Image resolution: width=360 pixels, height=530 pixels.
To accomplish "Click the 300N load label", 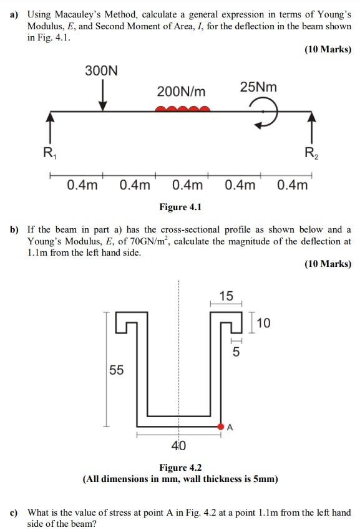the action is [x=101, y=71].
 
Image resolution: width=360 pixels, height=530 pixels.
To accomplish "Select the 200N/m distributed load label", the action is [x=181, y=92].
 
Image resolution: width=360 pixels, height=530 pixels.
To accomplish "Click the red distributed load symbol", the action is [x=182, y=109].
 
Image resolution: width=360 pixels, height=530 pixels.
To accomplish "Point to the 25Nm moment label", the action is [x=258, y=87].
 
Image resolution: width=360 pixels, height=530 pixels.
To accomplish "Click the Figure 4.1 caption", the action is [x=180, y=206].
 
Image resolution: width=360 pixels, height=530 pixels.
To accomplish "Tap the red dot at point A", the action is [x=221, y=426].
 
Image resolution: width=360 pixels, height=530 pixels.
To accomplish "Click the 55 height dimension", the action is [x=117, y=370].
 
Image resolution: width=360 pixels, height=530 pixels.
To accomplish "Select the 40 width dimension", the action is [x=178, y=446].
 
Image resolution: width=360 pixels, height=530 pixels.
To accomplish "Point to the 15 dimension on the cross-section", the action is [x=226, y=296].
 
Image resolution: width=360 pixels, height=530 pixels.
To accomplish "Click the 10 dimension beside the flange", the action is [x=263, y=323].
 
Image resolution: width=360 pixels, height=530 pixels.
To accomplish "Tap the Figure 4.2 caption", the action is [x=180, y=468].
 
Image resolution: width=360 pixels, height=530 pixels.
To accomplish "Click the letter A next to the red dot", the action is [x=230, y=427].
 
